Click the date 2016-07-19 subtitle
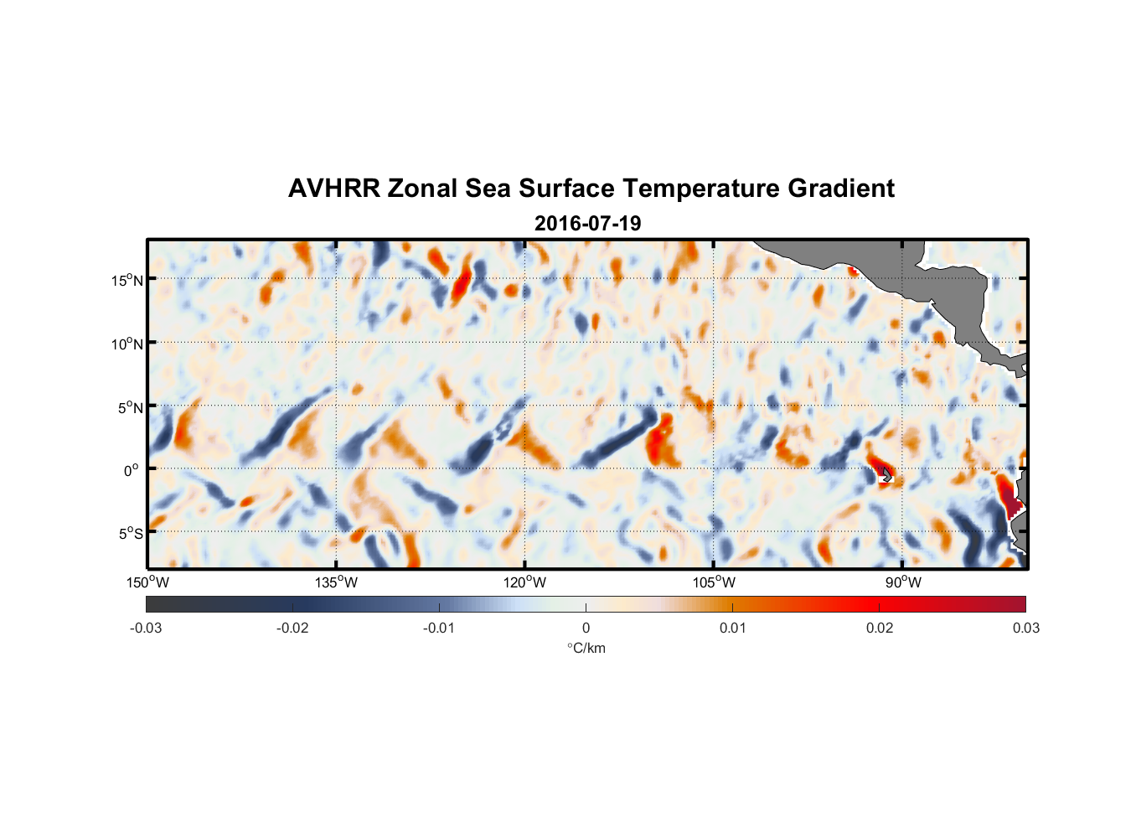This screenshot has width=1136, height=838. [x=587, y=224]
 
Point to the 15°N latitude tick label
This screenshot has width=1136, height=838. [x=127, y=280]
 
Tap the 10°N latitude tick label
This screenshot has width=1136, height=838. [x=127, y=344]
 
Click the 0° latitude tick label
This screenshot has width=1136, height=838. [x=131, y=470]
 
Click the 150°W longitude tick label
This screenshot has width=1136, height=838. [x=147, y=582]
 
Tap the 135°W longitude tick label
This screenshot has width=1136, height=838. [x=336, y=582]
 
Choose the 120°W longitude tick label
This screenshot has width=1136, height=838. [x=524, y=582]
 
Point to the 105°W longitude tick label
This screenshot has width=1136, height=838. [x=714, y=582]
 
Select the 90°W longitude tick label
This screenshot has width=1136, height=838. [x=903, y=582]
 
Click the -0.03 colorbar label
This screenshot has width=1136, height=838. [x=146, y=628]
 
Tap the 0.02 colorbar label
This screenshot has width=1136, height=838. [x=879, y=628]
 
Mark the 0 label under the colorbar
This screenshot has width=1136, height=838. [x=586, y=628]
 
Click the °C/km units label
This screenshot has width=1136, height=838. [x=586, y=648]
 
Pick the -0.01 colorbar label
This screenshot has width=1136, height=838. [x=439, y=628]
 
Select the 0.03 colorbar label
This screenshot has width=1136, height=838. [x=1025, y=628]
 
